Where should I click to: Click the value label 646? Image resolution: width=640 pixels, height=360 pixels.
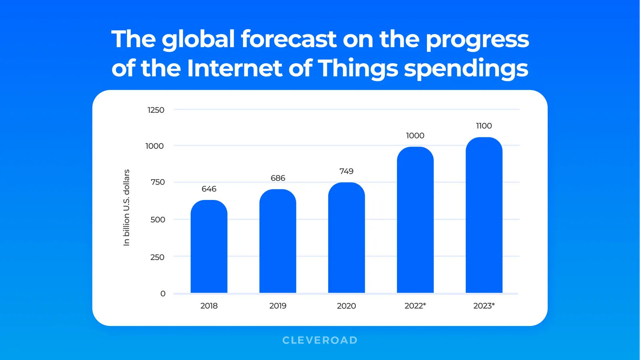click(209, 189)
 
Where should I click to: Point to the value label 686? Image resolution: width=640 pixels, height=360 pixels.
click(278, 178)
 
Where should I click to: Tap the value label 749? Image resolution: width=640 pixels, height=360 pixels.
click(347, 171)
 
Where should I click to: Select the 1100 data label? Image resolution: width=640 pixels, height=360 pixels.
click(484, 126)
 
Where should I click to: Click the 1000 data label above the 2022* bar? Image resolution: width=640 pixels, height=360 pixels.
click(415, 136)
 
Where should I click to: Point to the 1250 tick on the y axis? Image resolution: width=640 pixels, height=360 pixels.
click(156, 110)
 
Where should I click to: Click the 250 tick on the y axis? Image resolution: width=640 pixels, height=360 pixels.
click(157, 257)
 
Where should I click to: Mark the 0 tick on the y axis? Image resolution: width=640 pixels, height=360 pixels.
click(163, 294)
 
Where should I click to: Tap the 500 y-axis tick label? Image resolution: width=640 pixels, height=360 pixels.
click(158, 220)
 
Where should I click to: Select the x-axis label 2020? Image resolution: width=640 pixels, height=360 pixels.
click(346, 306)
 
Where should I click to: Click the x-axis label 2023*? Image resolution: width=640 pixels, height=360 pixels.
click(484, 306)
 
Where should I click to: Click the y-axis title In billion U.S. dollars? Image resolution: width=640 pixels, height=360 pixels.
click(126, 207)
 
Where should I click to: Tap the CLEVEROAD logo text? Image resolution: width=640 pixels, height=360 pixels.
click(320, 340)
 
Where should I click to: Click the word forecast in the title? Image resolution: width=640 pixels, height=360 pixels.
click(288, 39)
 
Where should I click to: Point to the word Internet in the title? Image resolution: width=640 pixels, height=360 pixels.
click(235, 68)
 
